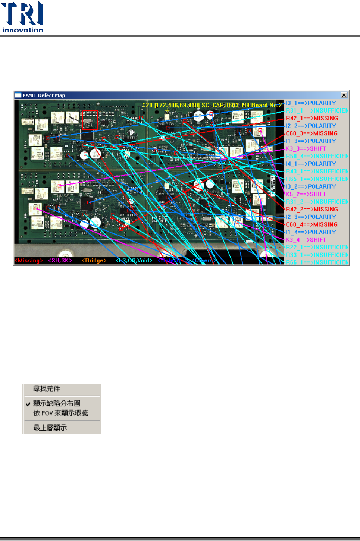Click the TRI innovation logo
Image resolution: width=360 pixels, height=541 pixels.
click(x=22, y=17)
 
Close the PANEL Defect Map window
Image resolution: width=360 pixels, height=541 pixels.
click(x=344, y=95)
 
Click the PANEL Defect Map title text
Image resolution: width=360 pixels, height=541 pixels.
click(x=44, y=95)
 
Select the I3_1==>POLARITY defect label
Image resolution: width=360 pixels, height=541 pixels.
click(x=311, y=103)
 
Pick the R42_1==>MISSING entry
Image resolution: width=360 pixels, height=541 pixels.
click(x=312, y=118)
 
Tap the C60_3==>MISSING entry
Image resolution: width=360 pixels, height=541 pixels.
click(x=312, y=133)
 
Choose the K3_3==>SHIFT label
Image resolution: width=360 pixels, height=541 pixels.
click(x=306, y=148)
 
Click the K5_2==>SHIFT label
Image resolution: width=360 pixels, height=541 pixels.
click(x=306, y=194)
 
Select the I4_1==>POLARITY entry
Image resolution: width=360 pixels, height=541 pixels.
click(x=311, y=164)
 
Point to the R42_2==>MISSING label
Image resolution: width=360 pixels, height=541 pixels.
click(x=312, y=210)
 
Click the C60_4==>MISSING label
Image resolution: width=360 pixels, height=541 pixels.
click(x=312, y=224)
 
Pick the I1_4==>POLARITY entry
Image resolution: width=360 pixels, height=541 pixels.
click(x=311, y=232)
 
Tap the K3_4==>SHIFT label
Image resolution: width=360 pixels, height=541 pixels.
click(x=306, y=240)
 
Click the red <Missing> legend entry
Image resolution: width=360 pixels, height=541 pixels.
click(x=29, y=260)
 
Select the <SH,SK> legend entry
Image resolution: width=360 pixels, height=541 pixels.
click(x=60, y=260)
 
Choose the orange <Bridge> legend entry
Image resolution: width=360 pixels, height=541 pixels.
click(x=94, y=260)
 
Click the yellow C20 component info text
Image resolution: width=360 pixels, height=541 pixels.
click(x=212, y=105)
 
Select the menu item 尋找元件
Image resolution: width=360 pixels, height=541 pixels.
click(x=47, y=389)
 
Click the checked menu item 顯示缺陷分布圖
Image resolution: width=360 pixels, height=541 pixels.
click(x=57, y=403)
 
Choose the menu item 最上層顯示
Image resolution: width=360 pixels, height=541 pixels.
click(x=50, y=428)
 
